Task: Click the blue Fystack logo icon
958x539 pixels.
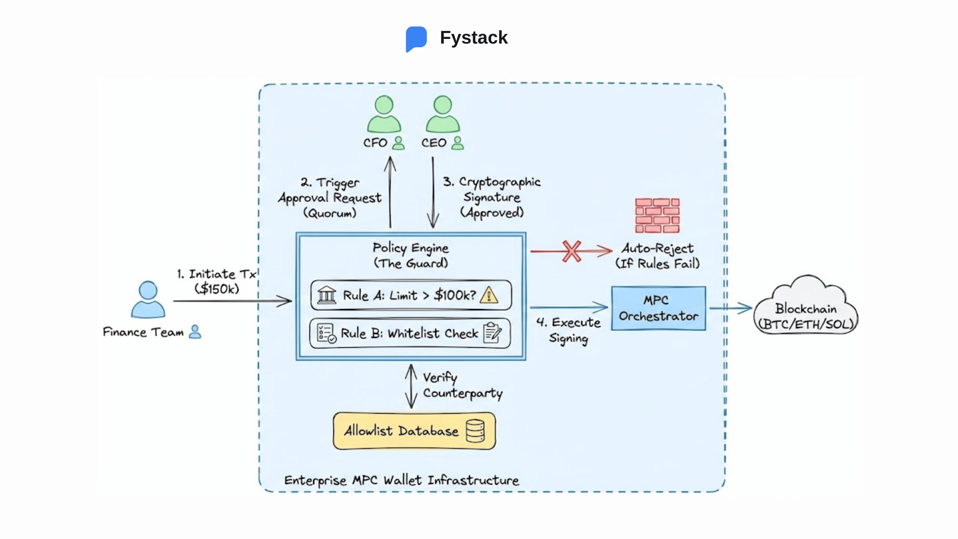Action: [416, 38]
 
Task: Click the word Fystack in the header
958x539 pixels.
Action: [473, 38]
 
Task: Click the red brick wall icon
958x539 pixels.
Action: [657, 215]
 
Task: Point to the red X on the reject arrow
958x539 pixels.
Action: [571, 252]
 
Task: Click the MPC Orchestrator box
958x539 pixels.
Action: [658, 308]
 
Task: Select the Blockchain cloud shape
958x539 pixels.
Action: [806, 309]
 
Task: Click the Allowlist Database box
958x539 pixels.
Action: [414, 431]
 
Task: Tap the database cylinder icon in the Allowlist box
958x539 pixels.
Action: [475, 431]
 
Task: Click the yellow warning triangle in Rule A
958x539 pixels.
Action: [489, 295]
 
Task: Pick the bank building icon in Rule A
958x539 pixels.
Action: [327, 295]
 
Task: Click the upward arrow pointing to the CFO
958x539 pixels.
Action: [390, 192]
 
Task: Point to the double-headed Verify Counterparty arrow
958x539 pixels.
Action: [411, 386]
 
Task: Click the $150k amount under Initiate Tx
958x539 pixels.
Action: [217, 289]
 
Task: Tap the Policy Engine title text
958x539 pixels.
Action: [410, 248]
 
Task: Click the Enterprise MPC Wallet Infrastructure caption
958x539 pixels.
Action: [401, 480]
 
